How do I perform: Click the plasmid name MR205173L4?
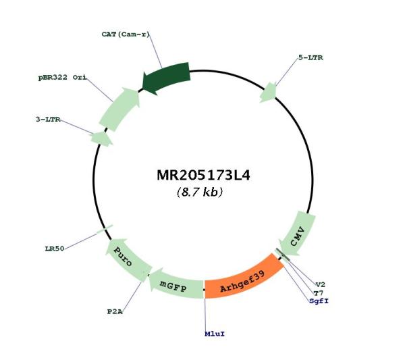[203, 176]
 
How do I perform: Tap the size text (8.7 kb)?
[200, 192]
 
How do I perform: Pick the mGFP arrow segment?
[175, 285]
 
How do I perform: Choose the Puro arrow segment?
[127, 258]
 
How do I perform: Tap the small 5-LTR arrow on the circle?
[269, 93]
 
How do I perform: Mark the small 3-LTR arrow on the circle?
[101, 138]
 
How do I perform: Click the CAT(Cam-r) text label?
[126, 34]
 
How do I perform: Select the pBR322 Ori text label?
[63, 77]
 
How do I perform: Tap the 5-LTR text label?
[310, 57]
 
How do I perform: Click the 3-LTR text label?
[48, 120]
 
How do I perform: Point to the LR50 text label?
[55, 249]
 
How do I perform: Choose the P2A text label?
[115, 311]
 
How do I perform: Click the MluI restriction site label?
[215, 334]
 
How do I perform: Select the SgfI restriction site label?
[319, 301]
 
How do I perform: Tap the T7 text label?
[319, 293]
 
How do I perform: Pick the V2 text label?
[321, 284]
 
